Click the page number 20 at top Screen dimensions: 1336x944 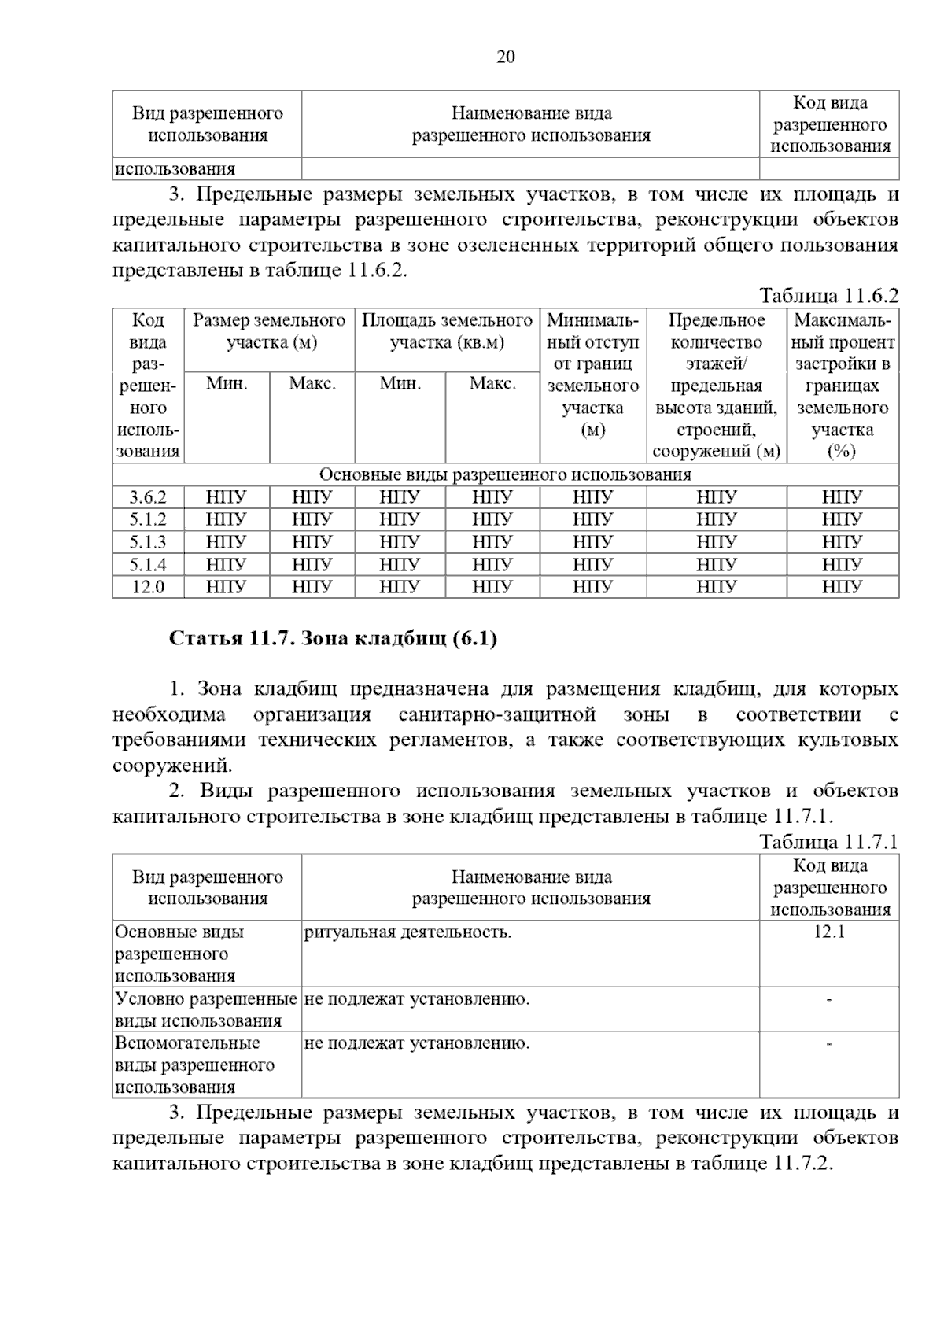pyautogui.click(x=506, y=57)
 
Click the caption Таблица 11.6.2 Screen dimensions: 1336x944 pyautogui.click(x=828, y=296)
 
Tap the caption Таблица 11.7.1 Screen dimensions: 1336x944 pyautogui.click(x=828, y=842)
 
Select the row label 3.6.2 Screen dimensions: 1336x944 pyautogui.click(x=148, y=497)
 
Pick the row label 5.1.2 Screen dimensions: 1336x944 pyautogui.click(x=148, y=519)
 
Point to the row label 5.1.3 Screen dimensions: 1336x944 pyautogui.click(x=148, y=542)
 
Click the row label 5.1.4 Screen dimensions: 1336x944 pyautogui.click(x=148, y=564)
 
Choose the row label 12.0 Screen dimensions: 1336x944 pyautogui.click(x=148, y=587)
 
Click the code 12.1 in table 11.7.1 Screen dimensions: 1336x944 pyautogui.click(x=829, y=932)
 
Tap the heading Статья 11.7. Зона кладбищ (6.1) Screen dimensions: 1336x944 pyautogui.click(x=333, y=638)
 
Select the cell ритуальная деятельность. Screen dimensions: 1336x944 pyautogui.click(x=407, y=932)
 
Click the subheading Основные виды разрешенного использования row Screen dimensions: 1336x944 pyautogui.click(x=505, y=474)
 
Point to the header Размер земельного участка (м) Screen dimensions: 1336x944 pyautogui.click(x=270, y=331)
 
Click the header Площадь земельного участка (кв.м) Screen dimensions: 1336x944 pyautogui.click(x=447, y=331)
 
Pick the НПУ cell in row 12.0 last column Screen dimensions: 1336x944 pyautogui.click(x=842, y=587)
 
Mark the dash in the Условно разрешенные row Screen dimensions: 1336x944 pyautogui.click(x=829, y=999)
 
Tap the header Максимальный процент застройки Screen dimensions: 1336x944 pyautogui.click(x=843, y=386)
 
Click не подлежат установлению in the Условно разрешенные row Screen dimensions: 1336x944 pyautogui.click(x=417, y=999)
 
